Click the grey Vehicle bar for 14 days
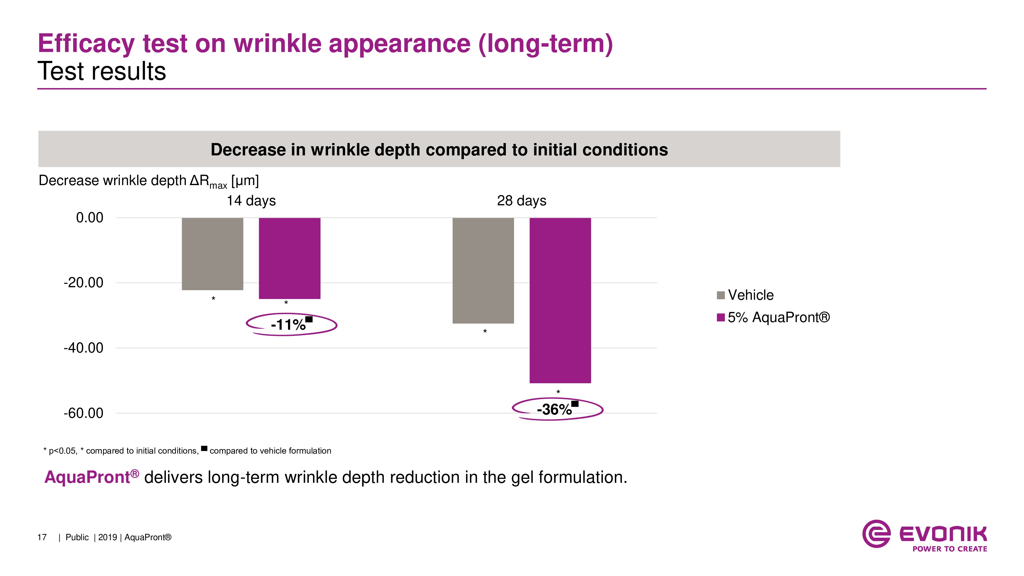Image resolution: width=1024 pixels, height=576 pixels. [x=212, y=254]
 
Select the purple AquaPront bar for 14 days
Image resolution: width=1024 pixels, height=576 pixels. [x=289, y=258]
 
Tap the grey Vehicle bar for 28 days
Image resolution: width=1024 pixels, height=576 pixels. [x=483, y=270]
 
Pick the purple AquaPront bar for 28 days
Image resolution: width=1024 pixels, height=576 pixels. [x=560, y=300]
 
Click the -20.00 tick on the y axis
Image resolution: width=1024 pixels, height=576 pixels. [x=83, y=283]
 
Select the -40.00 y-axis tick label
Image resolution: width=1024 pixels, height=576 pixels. [x=83, y=348]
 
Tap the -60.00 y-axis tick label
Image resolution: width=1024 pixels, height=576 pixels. [x=83, y=413]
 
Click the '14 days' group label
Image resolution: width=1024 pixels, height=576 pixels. [x=251, y=200]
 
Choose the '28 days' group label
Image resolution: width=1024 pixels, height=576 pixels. [x=521, y=200]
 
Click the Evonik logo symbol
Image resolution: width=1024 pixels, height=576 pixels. [x=876, y=534]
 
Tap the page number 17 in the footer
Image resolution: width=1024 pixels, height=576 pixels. [x=42, y=537]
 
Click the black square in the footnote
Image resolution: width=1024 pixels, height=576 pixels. [x=204, y=449]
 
